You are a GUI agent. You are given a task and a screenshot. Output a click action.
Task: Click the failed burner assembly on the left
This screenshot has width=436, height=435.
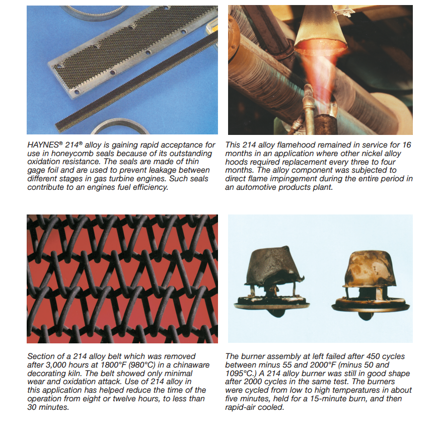tap(271, 282)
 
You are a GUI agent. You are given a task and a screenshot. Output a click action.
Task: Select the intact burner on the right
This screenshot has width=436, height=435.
tap(370, 284)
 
